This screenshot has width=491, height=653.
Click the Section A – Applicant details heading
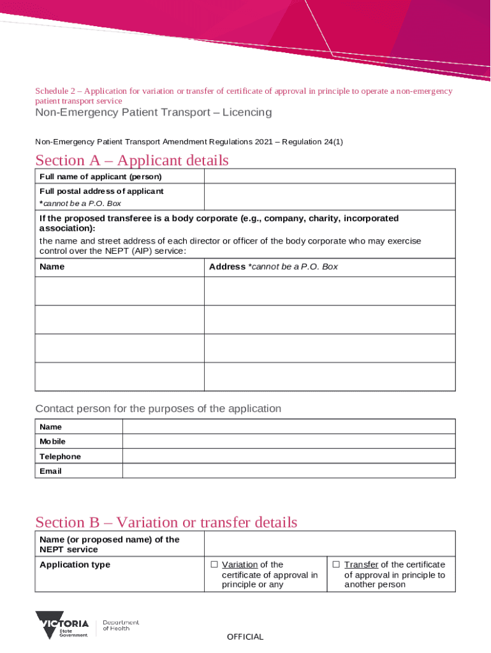coord(131,160)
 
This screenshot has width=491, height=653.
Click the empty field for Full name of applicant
coord(329,177)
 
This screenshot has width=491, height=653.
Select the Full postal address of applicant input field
coord(329,197)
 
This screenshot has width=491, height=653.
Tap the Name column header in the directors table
coord(52,267)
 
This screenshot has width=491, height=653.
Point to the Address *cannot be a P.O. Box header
coord(274,267)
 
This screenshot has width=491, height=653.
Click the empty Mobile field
coord(288,441)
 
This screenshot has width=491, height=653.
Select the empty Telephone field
coord(288,457)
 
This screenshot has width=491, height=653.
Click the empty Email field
coord(288,471)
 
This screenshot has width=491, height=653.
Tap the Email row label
coord(50,471)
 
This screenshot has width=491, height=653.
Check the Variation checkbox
coord(214,564)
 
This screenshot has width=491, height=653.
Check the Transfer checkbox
coord(336,564)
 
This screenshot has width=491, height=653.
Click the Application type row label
coord(75,564)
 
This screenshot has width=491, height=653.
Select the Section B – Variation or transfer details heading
coord(166,522)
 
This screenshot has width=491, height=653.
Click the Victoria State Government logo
coord(62,625)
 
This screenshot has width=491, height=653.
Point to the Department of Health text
coord(121,625)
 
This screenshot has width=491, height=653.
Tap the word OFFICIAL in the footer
coord(245,636)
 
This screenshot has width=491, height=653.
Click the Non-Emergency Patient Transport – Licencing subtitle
coord(153,112)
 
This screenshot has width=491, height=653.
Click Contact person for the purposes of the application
coord(158,408)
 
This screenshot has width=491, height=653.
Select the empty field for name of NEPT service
coord(329,544)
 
